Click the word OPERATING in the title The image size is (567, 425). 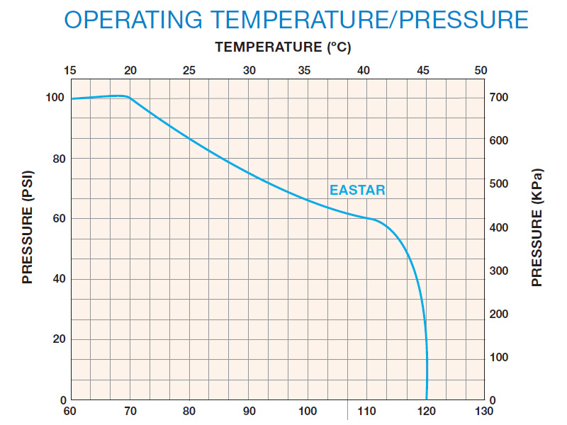click(x=150, y=19)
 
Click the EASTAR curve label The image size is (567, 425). click(x=357, y=191)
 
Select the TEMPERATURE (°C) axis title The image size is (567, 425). click(x=283, y=48)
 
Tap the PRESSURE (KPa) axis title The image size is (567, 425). click(x=537, y=229)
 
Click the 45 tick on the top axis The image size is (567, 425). click(x=423, y=71)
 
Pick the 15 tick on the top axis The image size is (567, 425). click(x=70, y=71)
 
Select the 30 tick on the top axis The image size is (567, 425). click(x=249, y=71)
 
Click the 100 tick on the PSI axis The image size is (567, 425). click(x=55, y=98)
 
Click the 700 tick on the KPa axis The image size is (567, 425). click(x=499, y=97)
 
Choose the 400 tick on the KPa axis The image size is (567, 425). click(x=499, y=227)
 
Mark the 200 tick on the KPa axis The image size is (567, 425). click(x=499, y=314)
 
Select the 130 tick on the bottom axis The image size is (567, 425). click(x=484, y=412)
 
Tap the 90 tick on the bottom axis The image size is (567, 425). click(x=248, y=412)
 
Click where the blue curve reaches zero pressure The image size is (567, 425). click(x=426, y=399)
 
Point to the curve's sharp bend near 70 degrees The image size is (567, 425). click(x=128, y=96)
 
